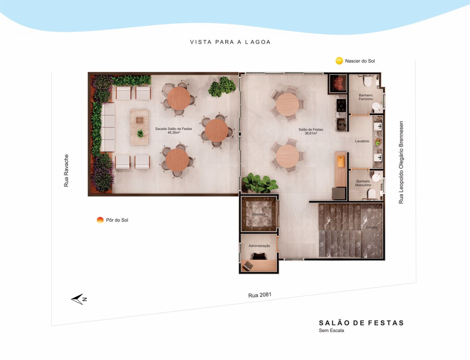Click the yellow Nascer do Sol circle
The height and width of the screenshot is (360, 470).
(339, 61)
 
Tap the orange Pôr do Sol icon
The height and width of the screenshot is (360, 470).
(100, 220)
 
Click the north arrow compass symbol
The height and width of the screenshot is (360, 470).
(79, 299)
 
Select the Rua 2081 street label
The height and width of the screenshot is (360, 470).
(260, 295)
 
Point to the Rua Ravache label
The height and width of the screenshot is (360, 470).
(66, 171)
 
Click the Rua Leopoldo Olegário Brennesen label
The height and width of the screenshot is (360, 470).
(401, 162)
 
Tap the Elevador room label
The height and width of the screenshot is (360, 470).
(259, 214)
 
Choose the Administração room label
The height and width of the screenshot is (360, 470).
(259, 246)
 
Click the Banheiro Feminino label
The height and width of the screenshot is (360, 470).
(366, 97)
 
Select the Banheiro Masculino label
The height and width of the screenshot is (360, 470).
(363, 183)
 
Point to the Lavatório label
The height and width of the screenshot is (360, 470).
(362, 141)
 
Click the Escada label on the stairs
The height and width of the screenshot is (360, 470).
(372, 227)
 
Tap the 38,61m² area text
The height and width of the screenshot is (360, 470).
(311, 133)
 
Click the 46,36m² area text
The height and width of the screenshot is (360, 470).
(174, 133)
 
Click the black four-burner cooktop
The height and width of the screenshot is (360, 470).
(341, 105)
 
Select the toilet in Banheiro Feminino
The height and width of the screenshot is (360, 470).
(368, 81)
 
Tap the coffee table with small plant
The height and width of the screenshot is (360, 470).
(139, 127)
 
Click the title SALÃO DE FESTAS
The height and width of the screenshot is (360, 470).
(361, 323)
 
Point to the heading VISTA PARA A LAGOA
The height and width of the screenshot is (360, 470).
(230, 42)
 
